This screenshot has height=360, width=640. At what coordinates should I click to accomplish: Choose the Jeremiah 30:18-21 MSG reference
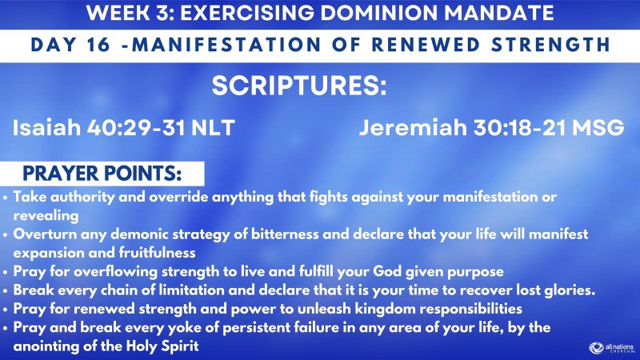click(490, 128)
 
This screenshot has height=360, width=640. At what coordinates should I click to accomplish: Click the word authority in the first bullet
click(77, 197)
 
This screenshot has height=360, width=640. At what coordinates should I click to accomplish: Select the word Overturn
click(43, 234)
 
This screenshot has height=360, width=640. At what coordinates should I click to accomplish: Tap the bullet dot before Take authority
click(7, 197)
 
